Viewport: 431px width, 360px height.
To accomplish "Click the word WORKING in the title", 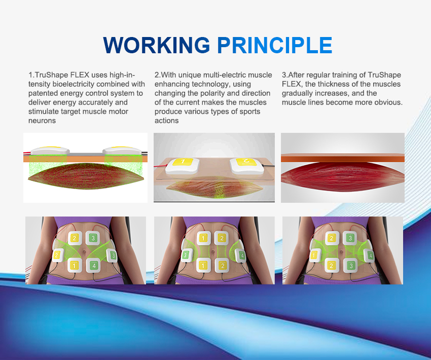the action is click(x=157, y=45).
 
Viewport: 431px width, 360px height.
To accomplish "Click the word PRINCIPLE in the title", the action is click(x=275, y=45).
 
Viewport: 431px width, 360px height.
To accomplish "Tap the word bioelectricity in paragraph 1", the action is click(x=74, y=84).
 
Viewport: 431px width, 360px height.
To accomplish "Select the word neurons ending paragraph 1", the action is click(x=42, y=121).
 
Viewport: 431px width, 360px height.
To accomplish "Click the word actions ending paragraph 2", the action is click(x=167, y=121).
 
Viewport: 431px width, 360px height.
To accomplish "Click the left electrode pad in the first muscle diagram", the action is click(x=50, y=151).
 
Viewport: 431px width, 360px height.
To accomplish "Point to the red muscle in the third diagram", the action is click(x=342, y=176).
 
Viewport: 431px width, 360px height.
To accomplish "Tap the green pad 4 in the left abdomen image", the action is click(x=94, y=266).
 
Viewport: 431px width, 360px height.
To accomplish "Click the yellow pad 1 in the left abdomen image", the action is click(x=74, y=266).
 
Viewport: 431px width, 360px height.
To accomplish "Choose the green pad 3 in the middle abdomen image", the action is click(x=185, y=256).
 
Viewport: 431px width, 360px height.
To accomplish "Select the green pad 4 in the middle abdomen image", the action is click(x=241, y=256).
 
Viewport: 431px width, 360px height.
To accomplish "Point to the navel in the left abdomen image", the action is click(x=84, y=251).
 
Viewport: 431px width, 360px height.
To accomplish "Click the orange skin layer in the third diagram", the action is click(x=342, y=158).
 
